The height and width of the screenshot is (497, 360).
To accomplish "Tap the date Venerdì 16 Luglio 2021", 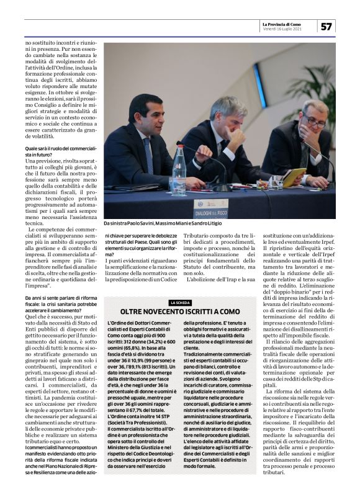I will tap(282, 29).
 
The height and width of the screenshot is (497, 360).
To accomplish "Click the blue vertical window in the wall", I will tap(259, 85).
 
